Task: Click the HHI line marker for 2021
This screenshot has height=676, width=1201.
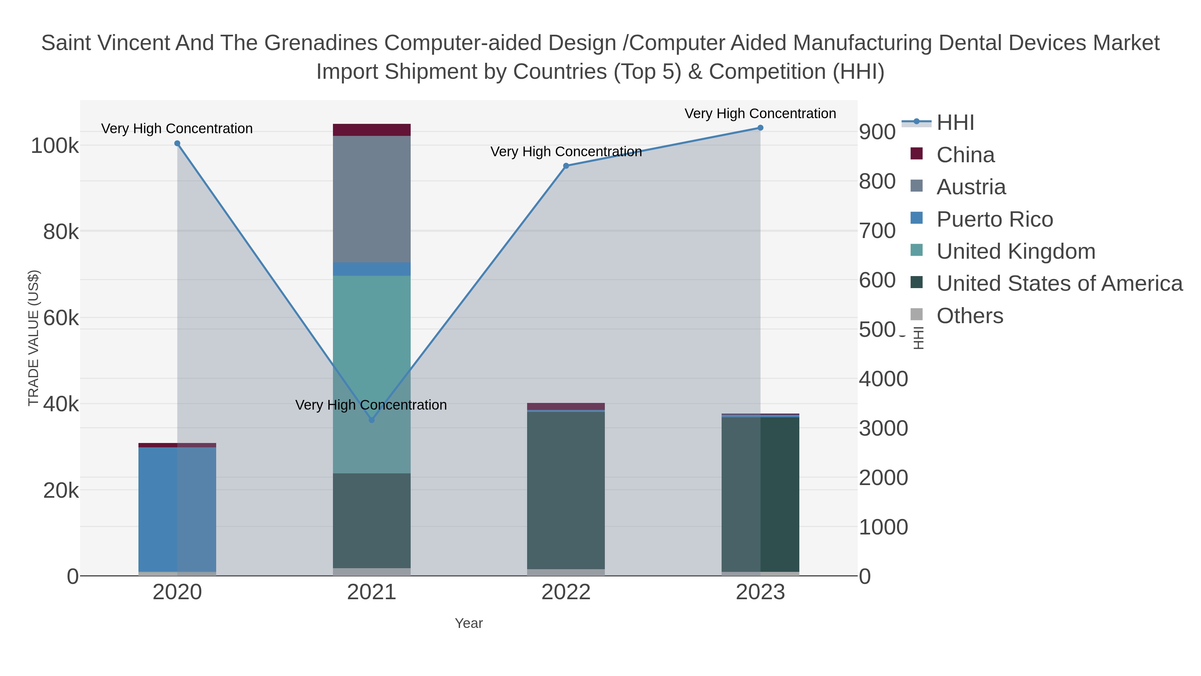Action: click(x=372, y=420)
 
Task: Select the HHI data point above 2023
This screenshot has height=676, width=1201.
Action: click(x=760, y=128)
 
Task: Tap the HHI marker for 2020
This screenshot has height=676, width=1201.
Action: click(x=177, y=144)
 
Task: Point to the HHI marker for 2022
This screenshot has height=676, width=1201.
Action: click(x=566, y=166)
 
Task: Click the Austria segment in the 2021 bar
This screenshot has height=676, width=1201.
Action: click(x=372, y=199)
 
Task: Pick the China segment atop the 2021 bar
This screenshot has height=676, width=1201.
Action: click(x=372, y=130)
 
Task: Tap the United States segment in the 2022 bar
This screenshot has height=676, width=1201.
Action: click(x=566, y=490)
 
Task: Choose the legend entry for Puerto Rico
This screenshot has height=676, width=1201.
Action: click(x=994, y=219)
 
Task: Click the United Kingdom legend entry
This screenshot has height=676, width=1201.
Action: click(x=1016, y=251)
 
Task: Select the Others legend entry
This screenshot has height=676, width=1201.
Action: click(x=970, y=316)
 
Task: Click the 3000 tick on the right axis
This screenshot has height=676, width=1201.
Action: click(x=883, y=428)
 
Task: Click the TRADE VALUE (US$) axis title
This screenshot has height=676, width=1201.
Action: click(x=34, y=338)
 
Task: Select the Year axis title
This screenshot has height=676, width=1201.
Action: click(x=469, y=623)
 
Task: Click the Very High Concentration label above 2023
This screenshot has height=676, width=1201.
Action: click(x=760, y=114)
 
